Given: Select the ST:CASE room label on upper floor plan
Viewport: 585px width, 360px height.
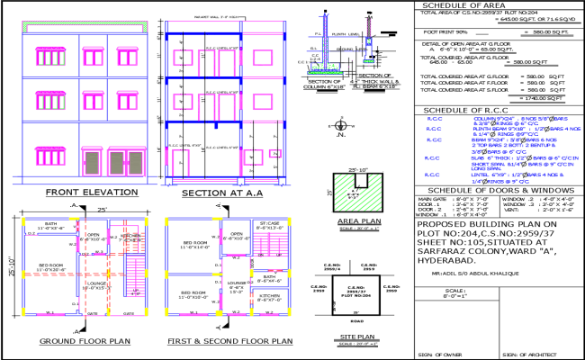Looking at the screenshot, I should (268, 224).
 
